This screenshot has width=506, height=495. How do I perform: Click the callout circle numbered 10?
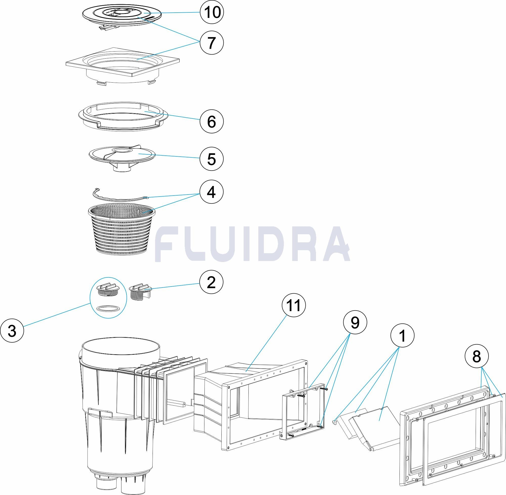pyautogui.click(x=212, y=12)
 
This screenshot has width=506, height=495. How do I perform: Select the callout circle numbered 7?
pyautogui.click(x=212, y=42)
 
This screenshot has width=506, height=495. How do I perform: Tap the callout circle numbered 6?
pyautogui.click(x=212, y=121)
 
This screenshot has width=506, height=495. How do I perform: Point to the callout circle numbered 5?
pyautogui.click(x=212, y=159)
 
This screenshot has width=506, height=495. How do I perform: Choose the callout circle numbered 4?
pyautogui.click(x=212, y=193)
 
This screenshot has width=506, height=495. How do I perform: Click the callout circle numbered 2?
pyautogui.click(x=212, y=282)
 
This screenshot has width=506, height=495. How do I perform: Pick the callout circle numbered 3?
pyautogui.click(x=12, y=332)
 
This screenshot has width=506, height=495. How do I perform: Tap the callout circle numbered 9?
pyautogui.click(x=355, y=323)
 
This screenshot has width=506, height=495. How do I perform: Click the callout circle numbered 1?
pyautogui.click(x=403, y=336)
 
